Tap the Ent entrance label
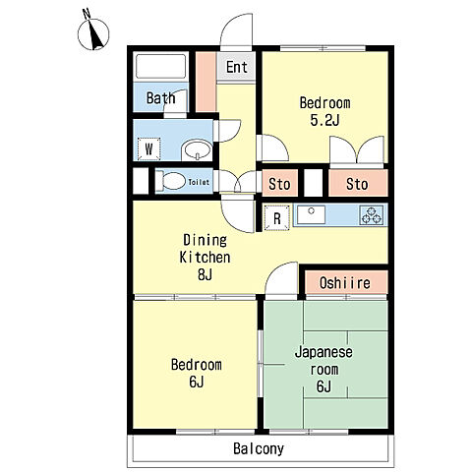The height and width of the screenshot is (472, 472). click(x=237, y=67)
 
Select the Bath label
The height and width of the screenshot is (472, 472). click(x=160, y=98)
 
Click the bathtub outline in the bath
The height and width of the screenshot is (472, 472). click(x=160, y=66)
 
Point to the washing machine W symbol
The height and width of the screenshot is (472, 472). click(x=149, y=149)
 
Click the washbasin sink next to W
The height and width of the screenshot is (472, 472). click(x=197, y=150)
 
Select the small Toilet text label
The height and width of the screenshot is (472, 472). click(x=199, y=182)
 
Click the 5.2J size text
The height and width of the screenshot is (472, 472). click(x=324, y=121)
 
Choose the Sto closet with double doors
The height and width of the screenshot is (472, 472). click(x=358, y=183)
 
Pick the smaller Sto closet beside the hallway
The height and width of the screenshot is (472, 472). click(x=279, y=183)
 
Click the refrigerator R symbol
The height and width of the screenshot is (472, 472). click(x=277, y=218)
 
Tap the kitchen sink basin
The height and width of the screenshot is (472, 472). click(x=311, y=214)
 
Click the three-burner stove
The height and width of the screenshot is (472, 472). click(x=372, y=215)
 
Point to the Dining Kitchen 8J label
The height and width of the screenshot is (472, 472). click(x=205, y=258)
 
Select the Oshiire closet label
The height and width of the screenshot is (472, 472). click(x=345, y=283)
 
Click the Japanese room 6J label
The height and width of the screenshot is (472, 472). click(x=324, y=370)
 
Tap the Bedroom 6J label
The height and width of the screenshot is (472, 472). click(x=197, y=374)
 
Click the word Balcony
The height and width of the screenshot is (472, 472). click(x=259, y=449)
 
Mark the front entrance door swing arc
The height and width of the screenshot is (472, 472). click(x=227, y=27)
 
